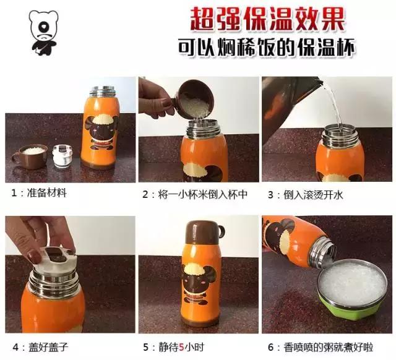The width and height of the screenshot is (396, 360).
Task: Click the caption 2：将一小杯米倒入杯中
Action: click(x=194, y=194)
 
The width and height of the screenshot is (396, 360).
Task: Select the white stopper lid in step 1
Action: click(x=62, y=155)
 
